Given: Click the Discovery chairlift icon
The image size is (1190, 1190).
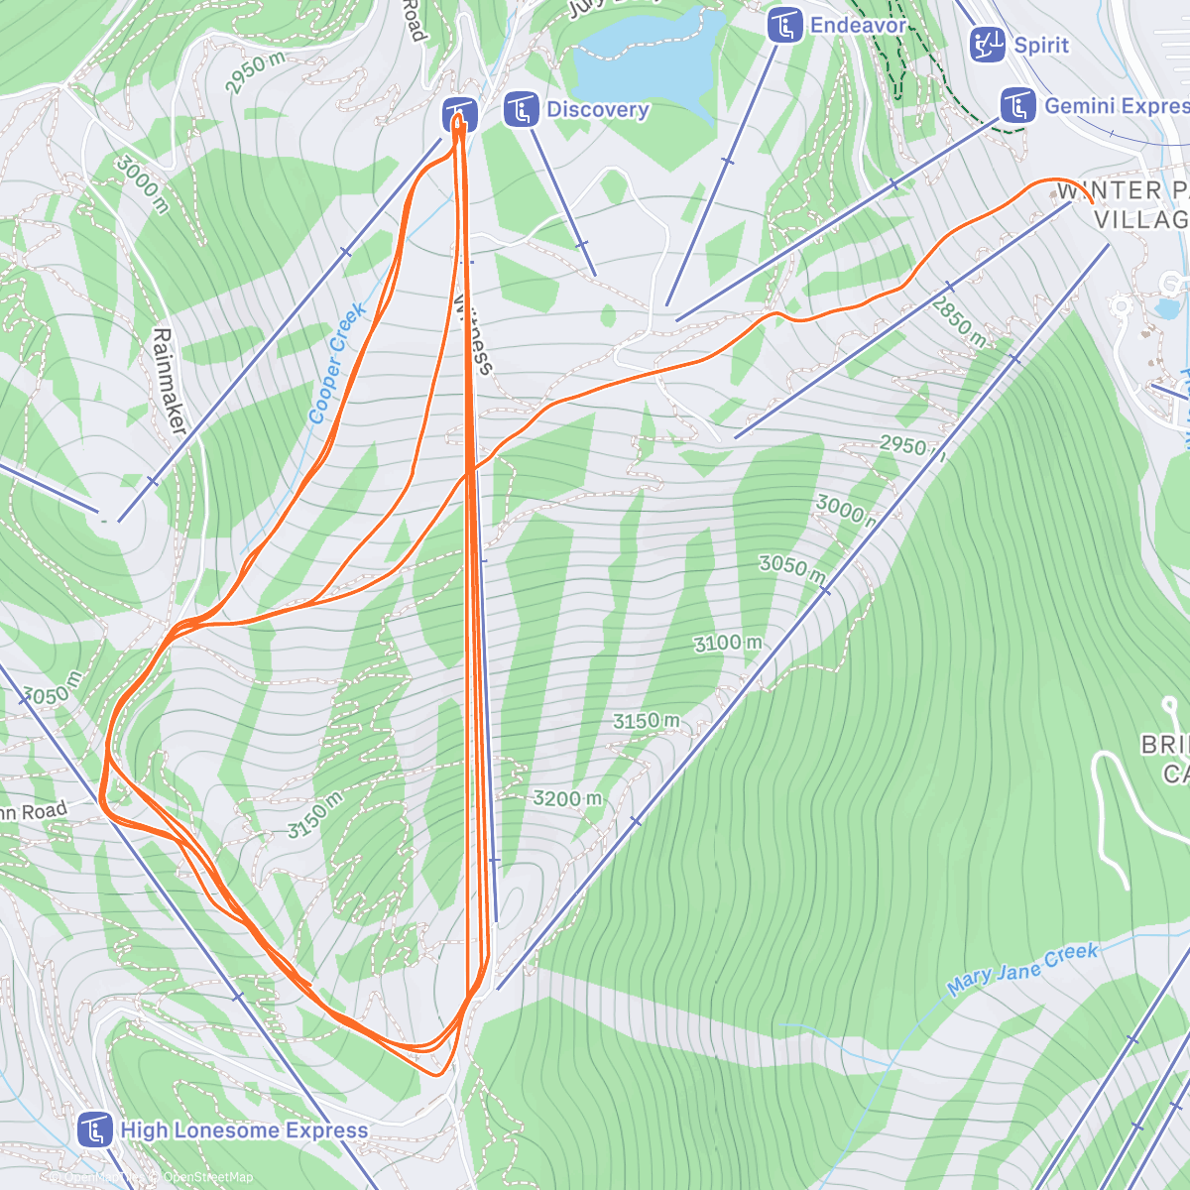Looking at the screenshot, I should point(521,110).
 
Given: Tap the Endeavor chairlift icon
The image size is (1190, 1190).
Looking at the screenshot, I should point(785,26).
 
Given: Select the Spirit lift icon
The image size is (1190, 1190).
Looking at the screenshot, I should point(988,45).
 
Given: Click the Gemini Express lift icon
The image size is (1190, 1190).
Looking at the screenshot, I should point(1017,106).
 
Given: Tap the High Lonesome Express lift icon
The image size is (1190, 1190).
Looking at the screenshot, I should point(95,1130).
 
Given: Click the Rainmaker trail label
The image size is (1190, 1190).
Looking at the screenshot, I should point(170,381).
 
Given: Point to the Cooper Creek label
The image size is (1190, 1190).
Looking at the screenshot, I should point(337,364).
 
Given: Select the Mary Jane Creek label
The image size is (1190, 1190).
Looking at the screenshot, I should point(1022,968).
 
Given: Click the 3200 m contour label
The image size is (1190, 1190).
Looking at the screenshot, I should point(567,798).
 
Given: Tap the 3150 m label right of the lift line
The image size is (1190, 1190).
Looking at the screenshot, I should point(647,721).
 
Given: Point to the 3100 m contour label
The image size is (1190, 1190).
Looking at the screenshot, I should point(728,644).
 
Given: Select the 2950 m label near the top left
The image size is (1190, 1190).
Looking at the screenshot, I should point(255,73).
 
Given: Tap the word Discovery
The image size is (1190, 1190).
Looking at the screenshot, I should point(598,110).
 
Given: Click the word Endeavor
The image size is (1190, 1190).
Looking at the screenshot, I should point(858,26).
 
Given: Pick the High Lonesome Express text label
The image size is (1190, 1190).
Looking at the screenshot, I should point(244,1130).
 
